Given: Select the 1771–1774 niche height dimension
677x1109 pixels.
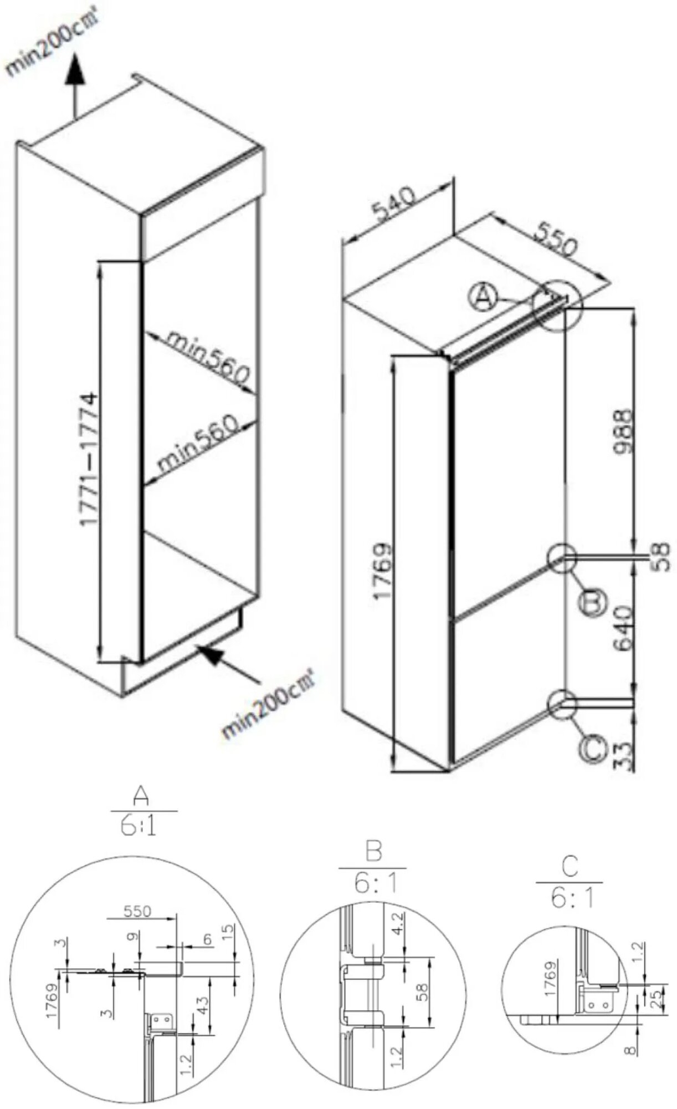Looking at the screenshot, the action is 89,460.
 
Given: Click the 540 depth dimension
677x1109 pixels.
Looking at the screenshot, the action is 393,205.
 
